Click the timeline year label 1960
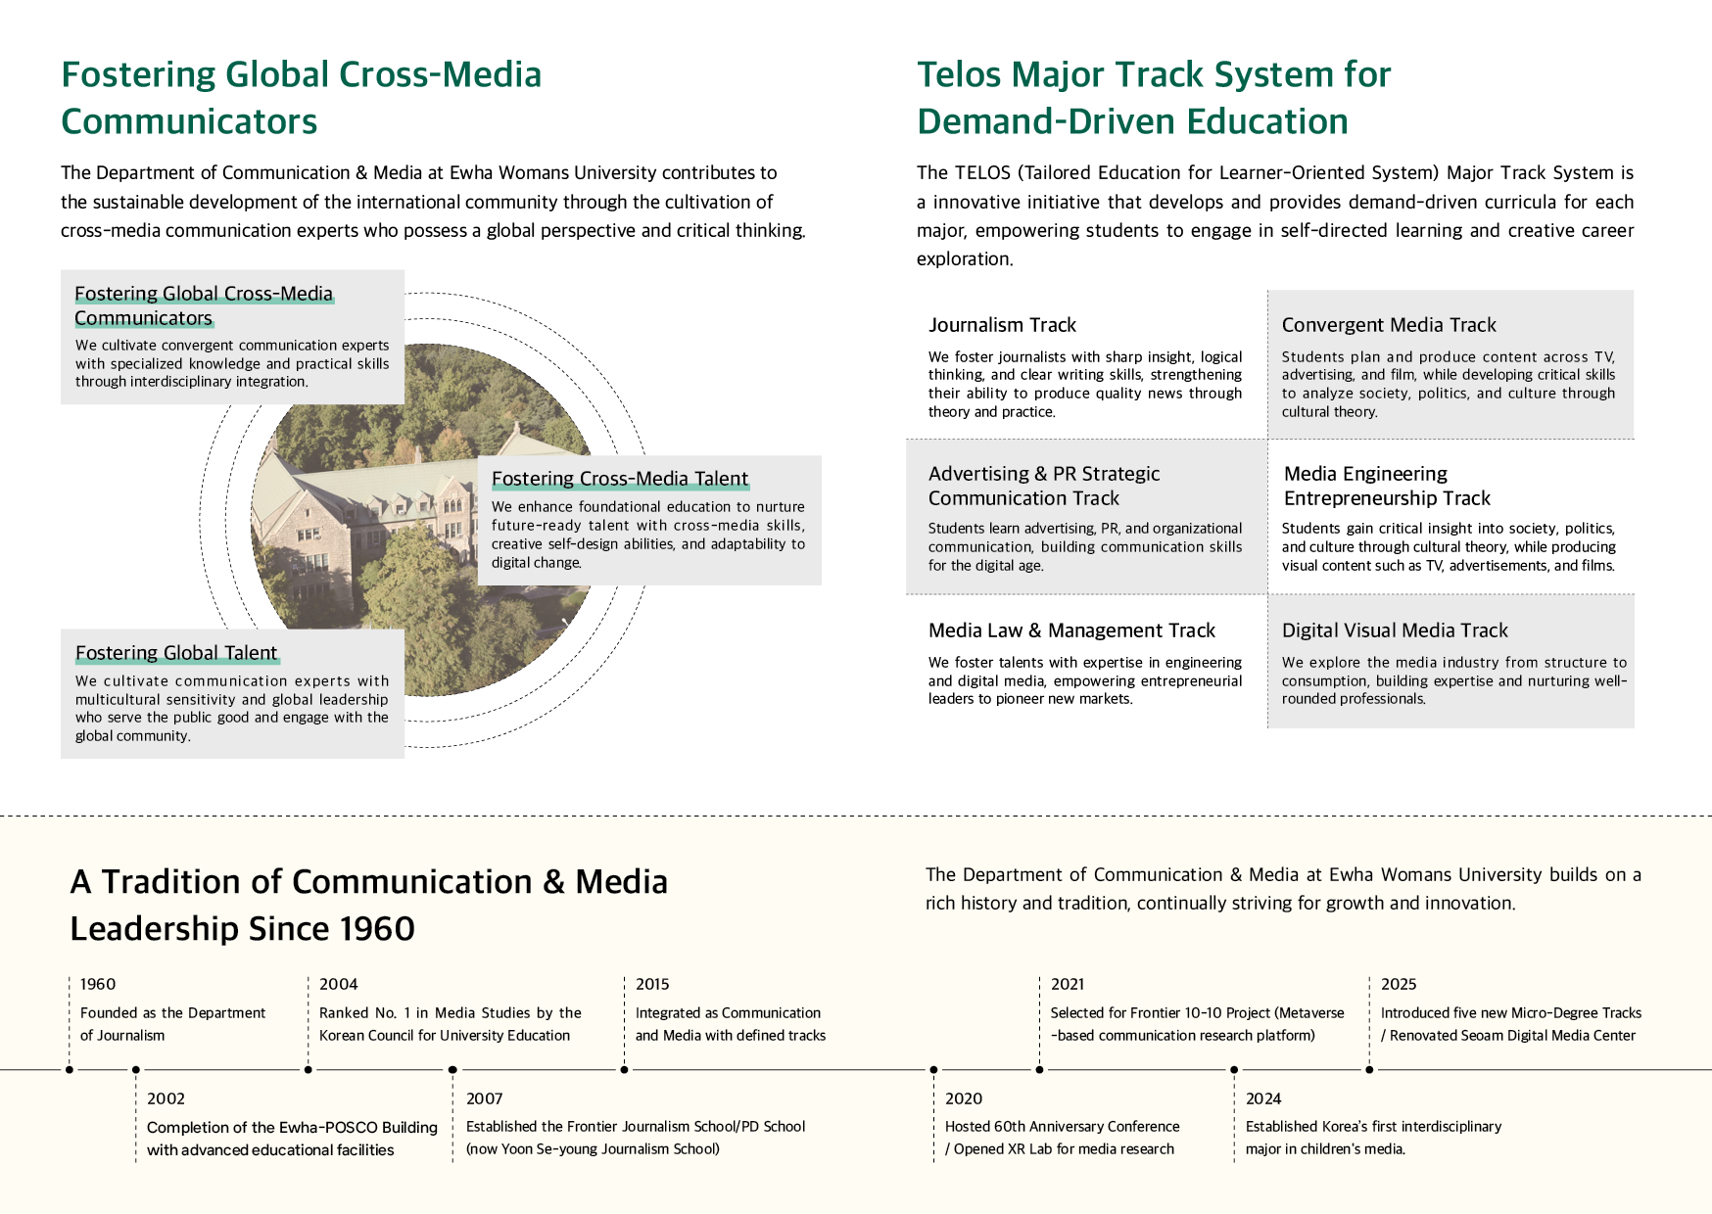point(98,984)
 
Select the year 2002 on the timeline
point(166,1098)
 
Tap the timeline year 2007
point(484,1098)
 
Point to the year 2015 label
point(652,984)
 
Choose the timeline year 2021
point(1068,984)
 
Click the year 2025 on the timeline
point(1399,984)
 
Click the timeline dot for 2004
point(309,1069)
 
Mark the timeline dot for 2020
point(933,1069)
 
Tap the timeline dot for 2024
point(1234,1069)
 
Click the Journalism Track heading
point(1002,325)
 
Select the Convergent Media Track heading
point(1389,325)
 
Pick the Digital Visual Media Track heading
point(1395,630)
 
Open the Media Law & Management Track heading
point(1071,630)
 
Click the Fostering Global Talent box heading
point(176,653)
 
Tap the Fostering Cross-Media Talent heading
point(620,479)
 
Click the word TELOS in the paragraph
point(983,173)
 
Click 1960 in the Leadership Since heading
point(377,928)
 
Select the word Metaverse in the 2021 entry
point(1310,1012)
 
